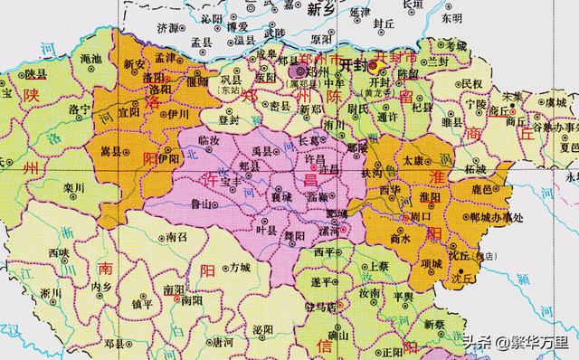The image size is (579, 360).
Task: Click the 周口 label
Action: pyautogui.click(x=421, y=218)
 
